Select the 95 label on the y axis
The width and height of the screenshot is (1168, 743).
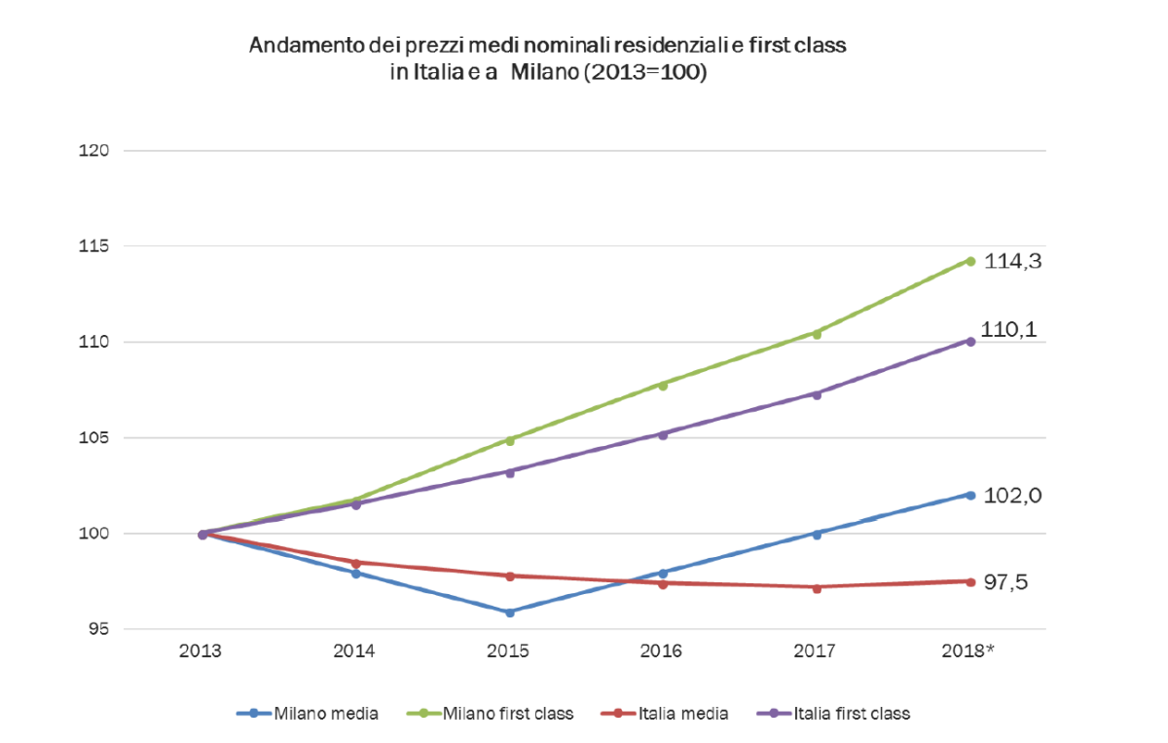98,630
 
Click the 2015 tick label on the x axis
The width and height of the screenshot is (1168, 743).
509,651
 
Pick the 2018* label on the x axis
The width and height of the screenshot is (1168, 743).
970,651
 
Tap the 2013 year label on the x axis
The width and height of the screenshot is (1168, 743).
201,651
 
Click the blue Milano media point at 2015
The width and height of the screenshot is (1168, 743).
509,613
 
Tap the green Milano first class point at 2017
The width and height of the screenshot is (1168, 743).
818,334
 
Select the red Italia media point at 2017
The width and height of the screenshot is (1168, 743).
818,587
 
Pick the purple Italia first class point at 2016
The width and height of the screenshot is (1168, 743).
663,434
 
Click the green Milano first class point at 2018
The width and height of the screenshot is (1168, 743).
970,260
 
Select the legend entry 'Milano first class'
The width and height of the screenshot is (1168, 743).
507,714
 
